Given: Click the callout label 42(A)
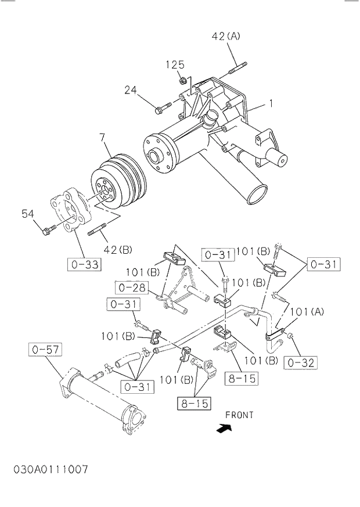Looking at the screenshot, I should pos(225,36).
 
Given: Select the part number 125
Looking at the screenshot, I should pos(175,64).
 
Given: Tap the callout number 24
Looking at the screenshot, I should pos(130,89).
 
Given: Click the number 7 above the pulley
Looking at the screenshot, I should pos(102,138).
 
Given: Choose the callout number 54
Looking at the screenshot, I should pos(28,214).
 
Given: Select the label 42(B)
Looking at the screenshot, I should pos(117,250).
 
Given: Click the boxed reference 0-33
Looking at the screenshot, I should pos(83,265).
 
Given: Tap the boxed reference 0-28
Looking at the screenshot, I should pos(130,287).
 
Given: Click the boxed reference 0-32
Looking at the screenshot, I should pos(301,363).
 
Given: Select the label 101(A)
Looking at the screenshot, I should pos(307,312).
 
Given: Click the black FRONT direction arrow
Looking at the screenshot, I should pos(222,428).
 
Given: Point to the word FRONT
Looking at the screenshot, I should pos(239,415).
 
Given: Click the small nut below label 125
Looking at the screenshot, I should pos(183,80).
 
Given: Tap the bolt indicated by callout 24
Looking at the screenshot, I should pos(163,107).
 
